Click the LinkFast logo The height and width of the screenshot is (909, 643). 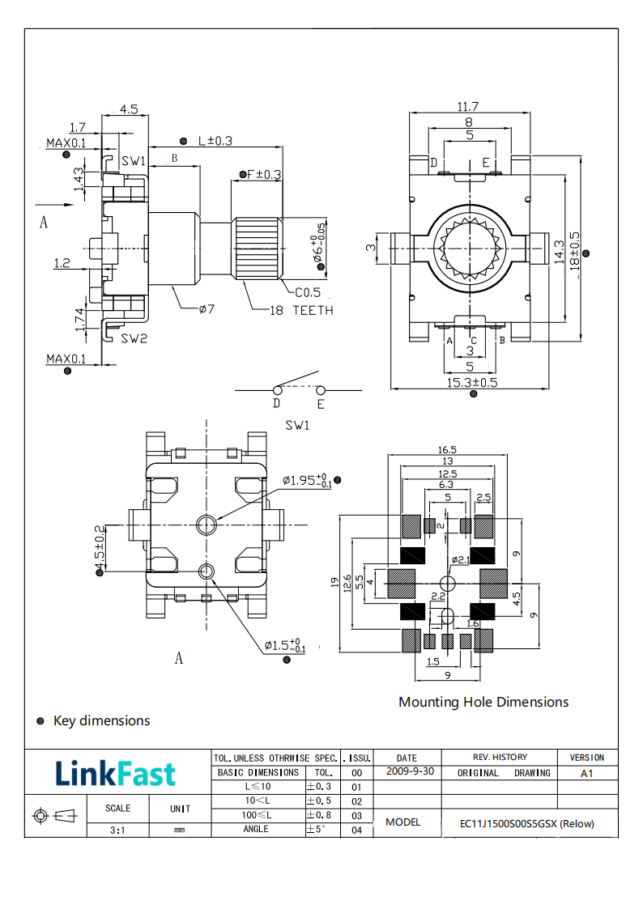click(x=115, y=774)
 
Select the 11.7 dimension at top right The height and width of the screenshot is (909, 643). click(x=468, y=107)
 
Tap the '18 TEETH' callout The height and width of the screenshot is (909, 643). click(x=300, y=310)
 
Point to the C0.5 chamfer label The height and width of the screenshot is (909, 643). click(x=307, y=292)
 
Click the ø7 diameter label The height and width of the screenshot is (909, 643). click(x=206, y=308)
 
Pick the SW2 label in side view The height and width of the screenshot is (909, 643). click(x=134, y=338)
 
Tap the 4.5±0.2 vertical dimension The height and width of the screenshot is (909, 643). click(x=100, y=546)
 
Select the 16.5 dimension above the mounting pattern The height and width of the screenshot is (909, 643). click(x=447, y=450)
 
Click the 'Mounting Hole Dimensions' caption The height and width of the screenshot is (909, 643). click(x=483, y=702)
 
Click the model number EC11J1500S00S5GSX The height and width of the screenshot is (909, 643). click(x=526, y=824)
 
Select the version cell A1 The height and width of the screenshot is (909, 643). click(x=587, y=773)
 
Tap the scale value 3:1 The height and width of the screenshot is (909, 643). click(x=117, y=830)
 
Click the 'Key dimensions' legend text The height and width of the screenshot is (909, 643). click(x=101, y=720)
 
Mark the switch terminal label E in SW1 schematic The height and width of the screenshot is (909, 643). click(x=321, y=403)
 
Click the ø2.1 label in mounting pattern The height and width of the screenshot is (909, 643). click(x=460, y=559)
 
